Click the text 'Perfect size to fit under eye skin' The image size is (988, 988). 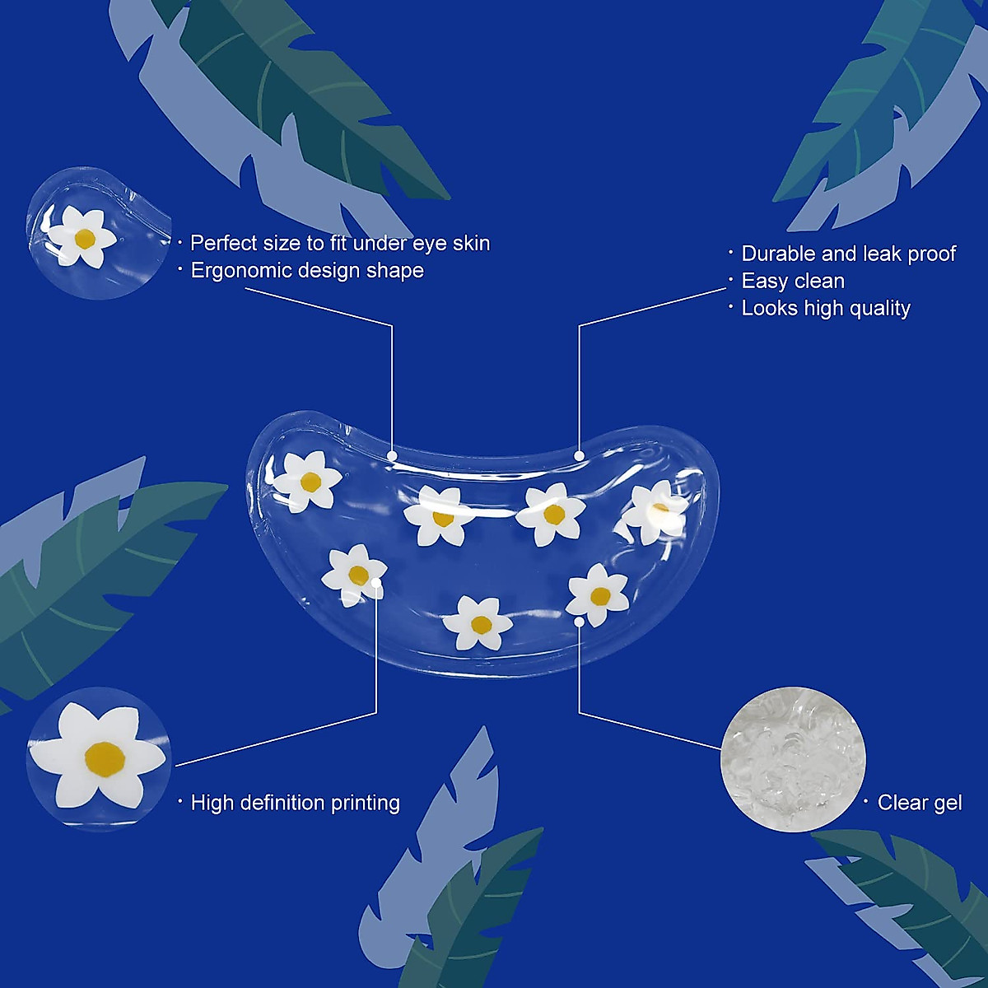340,243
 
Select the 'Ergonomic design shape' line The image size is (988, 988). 307,270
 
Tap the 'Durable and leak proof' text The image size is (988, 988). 849,254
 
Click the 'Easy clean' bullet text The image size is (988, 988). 793,281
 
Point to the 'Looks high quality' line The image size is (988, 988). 826,308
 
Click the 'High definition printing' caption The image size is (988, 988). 295,803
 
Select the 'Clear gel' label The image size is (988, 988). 920,803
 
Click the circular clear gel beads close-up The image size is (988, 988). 793,759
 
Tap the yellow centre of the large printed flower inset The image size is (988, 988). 105,758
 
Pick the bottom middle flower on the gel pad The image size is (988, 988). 478,623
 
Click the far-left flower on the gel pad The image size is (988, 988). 308,481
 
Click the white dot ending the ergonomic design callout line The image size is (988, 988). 392,455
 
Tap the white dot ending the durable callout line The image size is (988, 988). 580,455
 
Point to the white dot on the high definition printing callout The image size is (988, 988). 377,583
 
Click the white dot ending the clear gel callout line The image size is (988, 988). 580,622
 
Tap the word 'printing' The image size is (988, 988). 365,803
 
